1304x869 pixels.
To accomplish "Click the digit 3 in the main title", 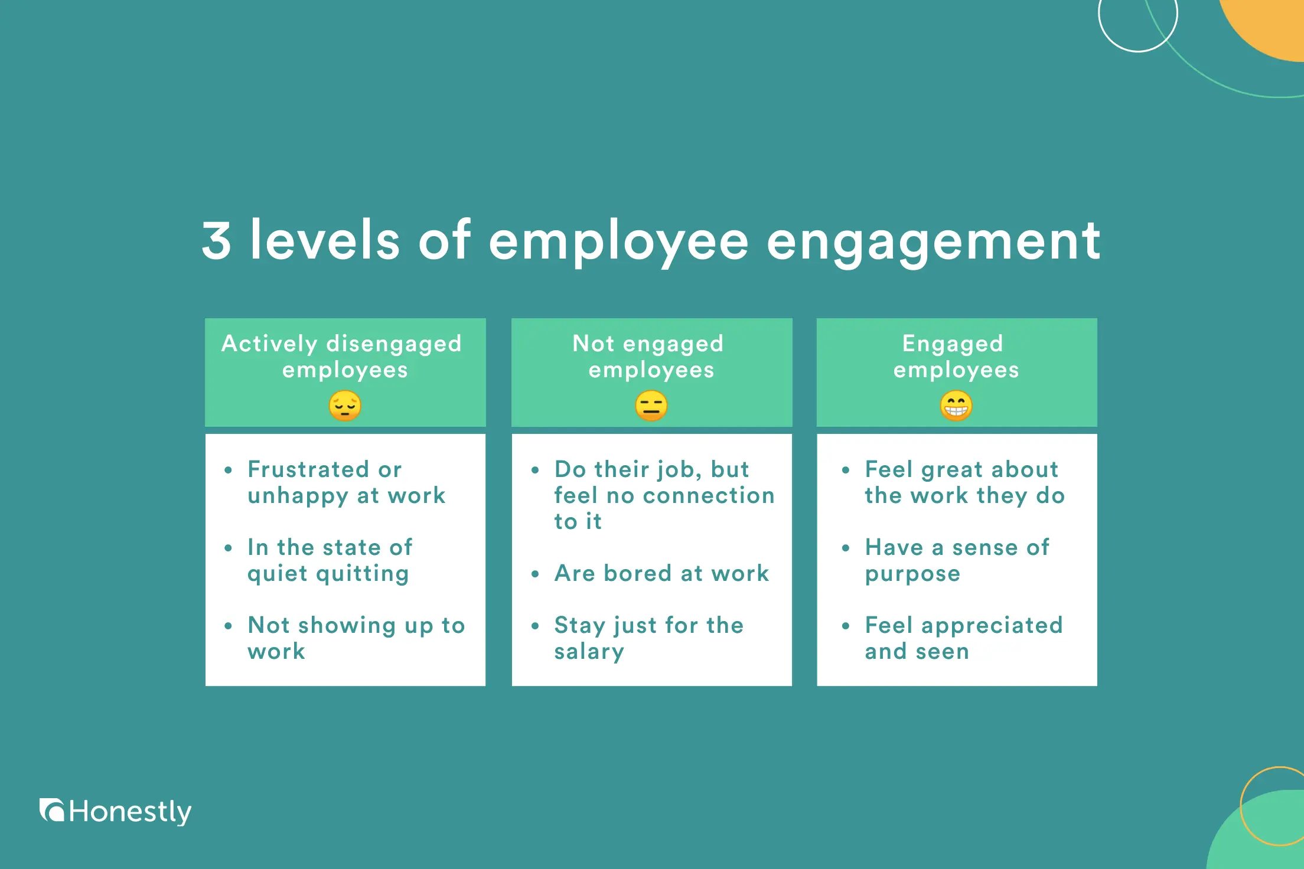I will [x=216, y=240].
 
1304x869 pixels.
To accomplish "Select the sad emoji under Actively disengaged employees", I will [x=345, y=406].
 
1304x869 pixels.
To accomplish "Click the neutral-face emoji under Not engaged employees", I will [x=651, y=406].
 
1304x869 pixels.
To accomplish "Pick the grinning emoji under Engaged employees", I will [x=956, y=406].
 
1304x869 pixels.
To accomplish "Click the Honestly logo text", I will [x=130, y=812].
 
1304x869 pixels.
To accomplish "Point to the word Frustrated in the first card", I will [x=308, y=469].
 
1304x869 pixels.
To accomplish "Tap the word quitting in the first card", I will [x=362, y=574].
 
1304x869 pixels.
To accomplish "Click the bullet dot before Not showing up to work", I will [x=228, y=626].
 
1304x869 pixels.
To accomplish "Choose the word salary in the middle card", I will [x=589, y=652].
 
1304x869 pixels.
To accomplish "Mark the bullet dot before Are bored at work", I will [x=535, y=574].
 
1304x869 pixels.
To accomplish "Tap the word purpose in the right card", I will [x=912, y=574].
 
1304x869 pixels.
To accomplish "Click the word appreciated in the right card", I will [x=992, y=625].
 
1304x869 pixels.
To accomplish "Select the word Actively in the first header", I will [x=269, y=344].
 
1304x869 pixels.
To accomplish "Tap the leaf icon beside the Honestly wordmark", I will [x=52, y=810].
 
